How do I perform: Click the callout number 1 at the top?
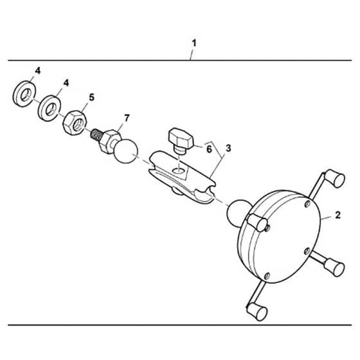coord(194,43)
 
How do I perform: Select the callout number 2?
coord(337,215)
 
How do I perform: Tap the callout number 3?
coord(228,148)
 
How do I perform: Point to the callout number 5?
coord(91,97)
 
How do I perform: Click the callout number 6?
coord(209,149)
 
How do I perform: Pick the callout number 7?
coord(127,118)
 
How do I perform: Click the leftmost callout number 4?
coord(38,71)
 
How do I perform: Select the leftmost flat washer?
coord(24,94)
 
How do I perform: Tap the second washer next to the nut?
coord(49,108)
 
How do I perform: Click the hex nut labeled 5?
coord(75,123)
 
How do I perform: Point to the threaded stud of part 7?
coord(96,135)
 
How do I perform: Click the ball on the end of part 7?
coord(126,151)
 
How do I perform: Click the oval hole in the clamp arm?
coord(179,170)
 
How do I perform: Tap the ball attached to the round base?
coord(238,212)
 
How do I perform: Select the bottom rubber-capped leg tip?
coord(256,312)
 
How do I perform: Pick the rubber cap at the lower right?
coord(334,267)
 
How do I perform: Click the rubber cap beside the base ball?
coord(258,222)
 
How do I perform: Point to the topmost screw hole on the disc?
coord(308,204)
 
